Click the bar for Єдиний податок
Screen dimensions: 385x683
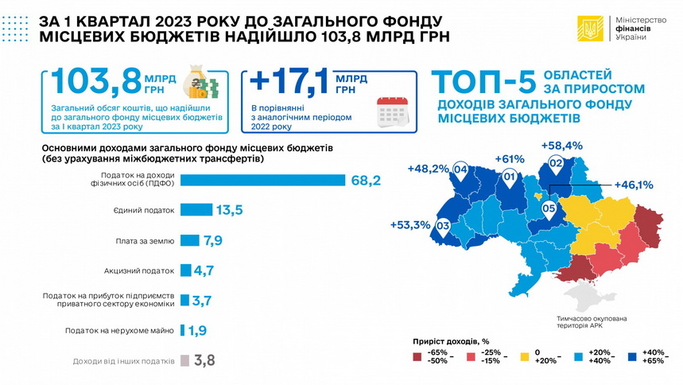(x=196, y=210)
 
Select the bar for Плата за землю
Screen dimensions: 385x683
(x=189, y=240)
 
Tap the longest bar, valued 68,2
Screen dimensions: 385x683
(x=262, y=180)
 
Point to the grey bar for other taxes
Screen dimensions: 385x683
(x=185, y=360)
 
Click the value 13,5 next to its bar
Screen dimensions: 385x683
(x=228, y=210)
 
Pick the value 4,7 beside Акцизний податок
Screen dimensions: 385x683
(x=204, y=271)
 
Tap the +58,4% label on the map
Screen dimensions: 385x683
(x=561, y=146)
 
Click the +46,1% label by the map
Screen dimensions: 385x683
(x=633, y=185)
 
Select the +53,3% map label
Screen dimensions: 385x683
(x=410, y=225)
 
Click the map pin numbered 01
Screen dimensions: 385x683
(x=510, y=177)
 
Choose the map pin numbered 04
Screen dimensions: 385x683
(x=459, y=169)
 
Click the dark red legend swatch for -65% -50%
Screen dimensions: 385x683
(x=417, y=356)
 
